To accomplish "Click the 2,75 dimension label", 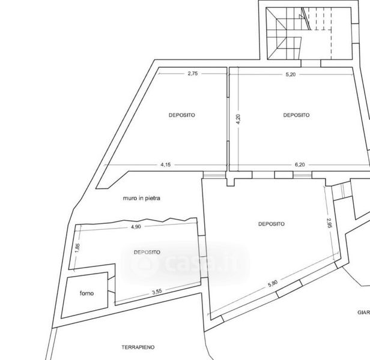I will coord(193,74).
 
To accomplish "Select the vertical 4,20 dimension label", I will coord(238,118).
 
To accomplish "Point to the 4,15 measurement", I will coord(166,163).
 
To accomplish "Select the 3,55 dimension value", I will coord(157,292).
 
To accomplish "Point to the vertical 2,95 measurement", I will coord(328,223).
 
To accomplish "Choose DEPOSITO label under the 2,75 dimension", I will coord(182,115).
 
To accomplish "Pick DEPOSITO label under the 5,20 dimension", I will coord(296,115).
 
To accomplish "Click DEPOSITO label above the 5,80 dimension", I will coord(271,224).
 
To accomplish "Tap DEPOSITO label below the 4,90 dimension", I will coord(147,252).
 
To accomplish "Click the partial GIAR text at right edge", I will coord(363,312).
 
